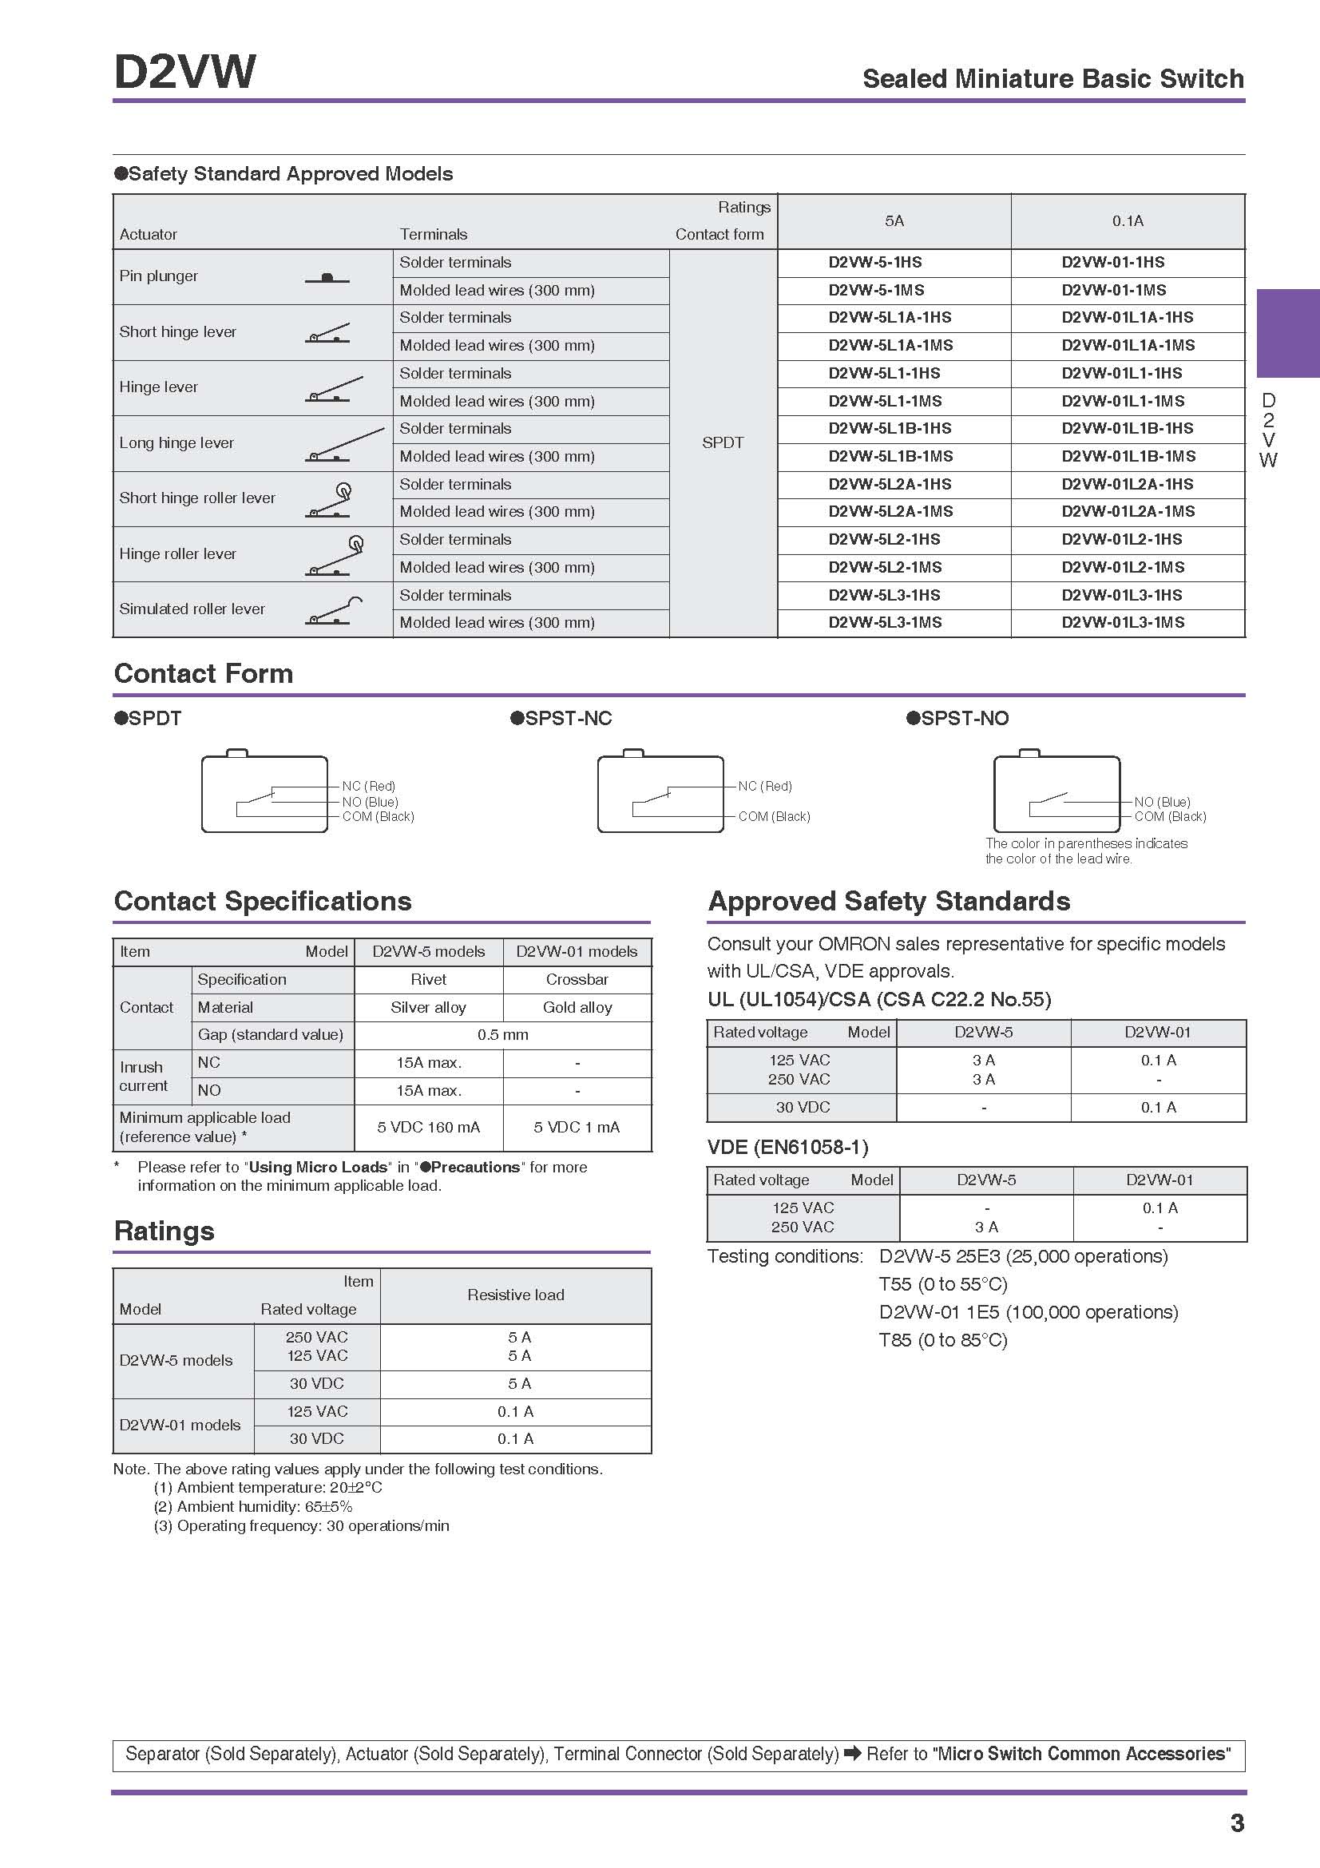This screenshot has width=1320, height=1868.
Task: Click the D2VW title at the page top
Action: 184,72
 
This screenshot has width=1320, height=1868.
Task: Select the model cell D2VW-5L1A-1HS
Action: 889,317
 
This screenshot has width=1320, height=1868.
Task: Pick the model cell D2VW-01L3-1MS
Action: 1123,622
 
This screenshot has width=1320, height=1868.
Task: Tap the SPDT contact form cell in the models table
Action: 722,442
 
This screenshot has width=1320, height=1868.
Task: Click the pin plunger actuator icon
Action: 327,278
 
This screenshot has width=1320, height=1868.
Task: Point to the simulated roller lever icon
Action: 334,612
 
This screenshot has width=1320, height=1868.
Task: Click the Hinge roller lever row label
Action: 177,554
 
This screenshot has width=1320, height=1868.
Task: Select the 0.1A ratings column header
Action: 1128,221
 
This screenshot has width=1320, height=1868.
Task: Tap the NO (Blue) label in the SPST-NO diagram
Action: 1161,801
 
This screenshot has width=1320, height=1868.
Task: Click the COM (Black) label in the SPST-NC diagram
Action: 774,816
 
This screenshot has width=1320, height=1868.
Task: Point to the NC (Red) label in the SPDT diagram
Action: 368,786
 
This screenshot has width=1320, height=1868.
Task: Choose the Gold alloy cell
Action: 577,1007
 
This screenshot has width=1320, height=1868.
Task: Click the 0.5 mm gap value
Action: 502,1035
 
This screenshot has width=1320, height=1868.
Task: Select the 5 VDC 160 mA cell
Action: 428,1127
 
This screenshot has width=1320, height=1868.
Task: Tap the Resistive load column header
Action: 516,1295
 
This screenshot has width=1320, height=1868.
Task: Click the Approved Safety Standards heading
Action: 888,902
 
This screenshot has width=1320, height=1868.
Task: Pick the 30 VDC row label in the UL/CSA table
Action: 802,1107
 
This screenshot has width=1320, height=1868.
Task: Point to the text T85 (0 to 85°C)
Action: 942,1340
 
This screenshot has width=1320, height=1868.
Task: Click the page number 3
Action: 1236,1823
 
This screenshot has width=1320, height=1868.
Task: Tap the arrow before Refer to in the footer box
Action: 852,1753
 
